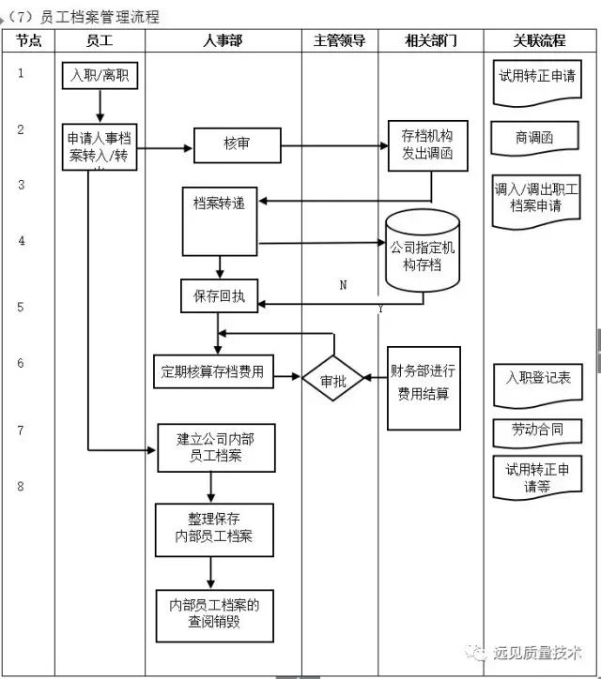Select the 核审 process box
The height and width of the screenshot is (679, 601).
click(x=237, y=144)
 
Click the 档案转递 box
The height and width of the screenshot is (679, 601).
click(x=219, y=220)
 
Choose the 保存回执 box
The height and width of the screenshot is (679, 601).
click(x=219, y=295)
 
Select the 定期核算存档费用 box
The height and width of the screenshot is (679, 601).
click(x=215, y=371)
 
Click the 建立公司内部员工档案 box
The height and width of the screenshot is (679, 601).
click(x=215, y=446)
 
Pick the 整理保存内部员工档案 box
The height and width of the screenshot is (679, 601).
click(x=215, y=529)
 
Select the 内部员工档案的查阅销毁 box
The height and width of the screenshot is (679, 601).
click(x=215, y=612)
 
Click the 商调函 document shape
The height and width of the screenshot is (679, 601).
click(x=533, y=138)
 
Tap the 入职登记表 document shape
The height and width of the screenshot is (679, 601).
click(x=537, y=378)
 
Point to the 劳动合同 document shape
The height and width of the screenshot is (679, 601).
click(x=537, y=430)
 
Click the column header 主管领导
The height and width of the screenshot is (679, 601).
click(x=339, y=40)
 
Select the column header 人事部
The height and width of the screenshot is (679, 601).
click(x=223, y=40)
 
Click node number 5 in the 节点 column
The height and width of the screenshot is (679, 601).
click(x=21, y=307)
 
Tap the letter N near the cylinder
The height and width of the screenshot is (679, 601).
click(x=343, y=285)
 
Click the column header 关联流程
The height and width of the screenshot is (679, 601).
click(x=539, y=40)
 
